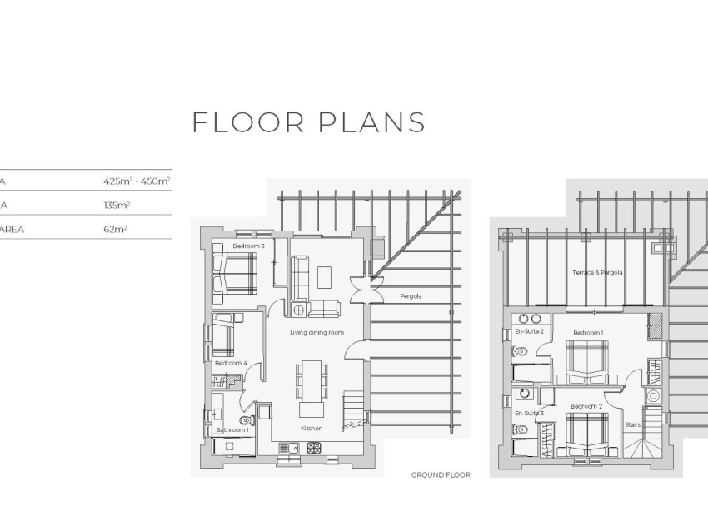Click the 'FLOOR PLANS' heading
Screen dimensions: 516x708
coord(308,122)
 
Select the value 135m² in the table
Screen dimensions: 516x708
coord(117,204)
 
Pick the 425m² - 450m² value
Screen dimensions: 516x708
coord(137,181)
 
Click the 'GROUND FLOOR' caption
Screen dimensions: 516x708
coord(441,475)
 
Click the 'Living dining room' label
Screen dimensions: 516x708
coord(317,333)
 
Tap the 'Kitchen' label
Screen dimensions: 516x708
coord(312,428)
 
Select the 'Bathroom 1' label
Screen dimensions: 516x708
coord(232,430)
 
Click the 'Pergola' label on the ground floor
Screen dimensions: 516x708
coord(411,295)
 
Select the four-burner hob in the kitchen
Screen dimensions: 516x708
coord(314,448)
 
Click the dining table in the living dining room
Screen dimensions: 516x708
coord(311,379)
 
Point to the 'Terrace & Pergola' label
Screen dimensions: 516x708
coord(597,272)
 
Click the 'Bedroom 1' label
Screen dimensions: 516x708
coord(588,333)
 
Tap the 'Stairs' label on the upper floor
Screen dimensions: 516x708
coord(634,424)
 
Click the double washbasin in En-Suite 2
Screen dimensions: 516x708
coord(529,318)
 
